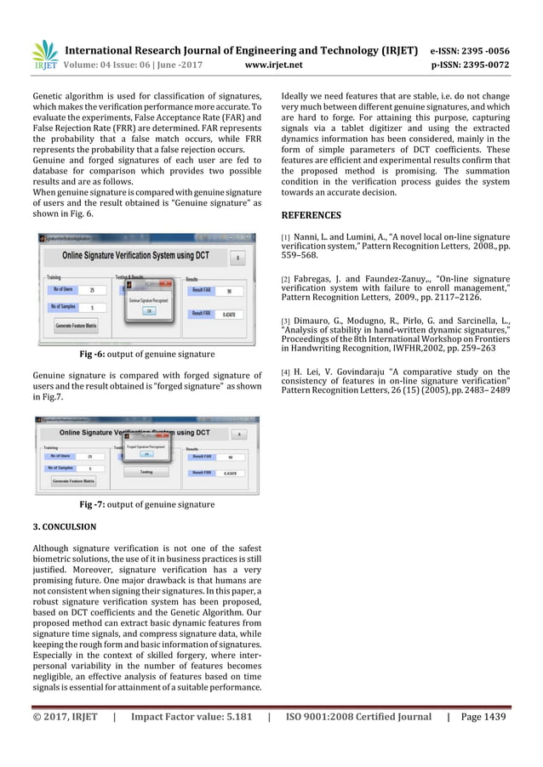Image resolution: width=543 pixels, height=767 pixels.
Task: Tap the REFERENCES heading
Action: pyautogui.click(x=311, y=216)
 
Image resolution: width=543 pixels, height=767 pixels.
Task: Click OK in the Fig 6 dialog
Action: pyautogui.click(x=147, y=311)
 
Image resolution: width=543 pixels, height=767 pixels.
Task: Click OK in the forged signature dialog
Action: pyautogui.click(x=146, y=454)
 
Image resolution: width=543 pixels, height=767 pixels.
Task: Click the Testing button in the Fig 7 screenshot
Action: pyautogui.click(x=146, y=471)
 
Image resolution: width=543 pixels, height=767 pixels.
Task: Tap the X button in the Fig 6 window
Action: pyautogui.click(x=237, y=257)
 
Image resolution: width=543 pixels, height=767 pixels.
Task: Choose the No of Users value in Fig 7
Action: pyautogui.click(x=90, y=457)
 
